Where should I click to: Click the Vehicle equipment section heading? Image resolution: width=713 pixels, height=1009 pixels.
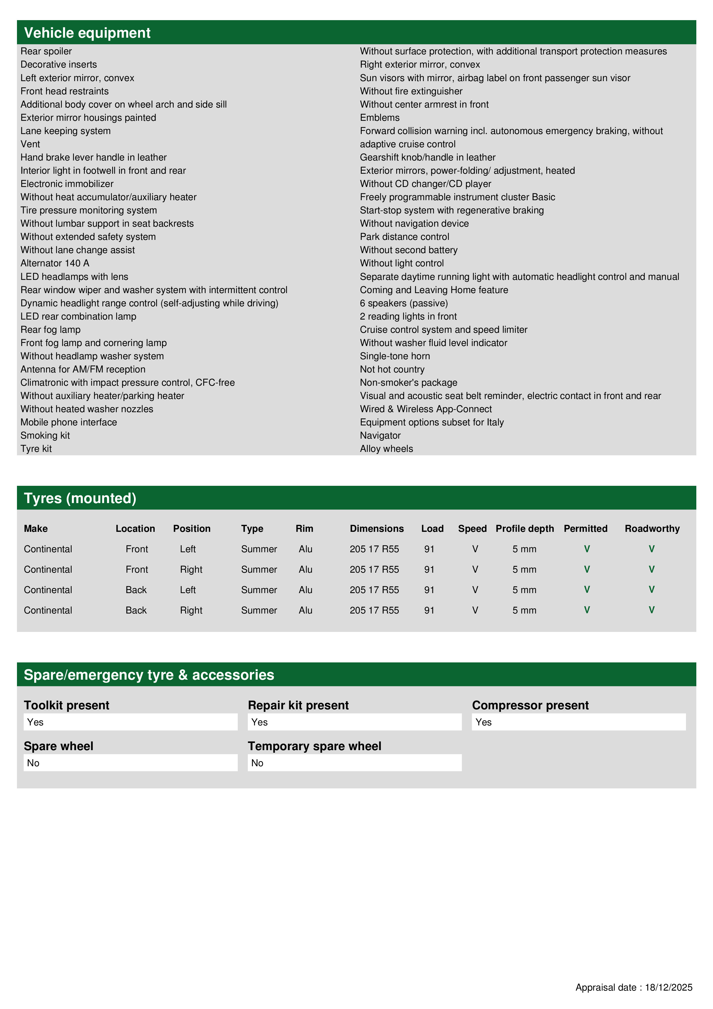pos(87,33)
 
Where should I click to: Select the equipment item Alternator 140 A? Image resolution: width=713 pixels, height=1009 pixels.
pos(55,263)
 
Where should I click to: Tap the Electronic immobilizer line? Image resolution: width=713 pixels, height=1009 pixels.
pos(67,184)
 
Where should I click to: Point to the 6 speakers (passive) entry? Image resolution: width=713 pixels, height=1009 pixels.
pos(404,303)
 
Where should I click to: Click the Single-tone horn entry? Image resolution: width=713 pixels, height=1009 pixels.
pos(395,356)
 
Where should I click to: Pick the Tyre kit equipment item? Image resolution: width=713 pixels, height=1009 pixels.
pos(36,449)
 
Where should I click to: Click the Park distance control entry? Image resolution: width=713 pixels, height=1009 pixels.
pos(405,237)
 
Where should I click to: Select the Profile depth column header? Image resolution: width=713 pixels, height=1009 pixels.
pos(524,529)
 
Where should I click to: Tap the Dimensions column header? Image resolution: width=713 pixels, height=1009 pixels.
pos(377,529)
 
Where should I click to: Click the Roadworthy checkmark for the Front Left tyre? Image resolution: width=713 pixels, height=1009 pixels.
pos(651,549)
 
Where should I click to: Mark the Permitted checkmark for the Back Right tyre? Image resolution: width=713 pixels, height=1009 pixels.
pos(587,610)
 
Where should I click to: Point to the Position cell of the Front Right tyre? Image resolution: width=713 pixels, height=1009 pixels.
pos(191,570)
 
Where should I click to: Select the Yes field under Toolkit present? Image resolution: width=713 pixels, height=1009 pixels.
pos(131,722)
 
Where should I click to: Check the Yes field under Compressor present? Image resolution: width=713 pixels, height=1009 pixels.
pos(578,722)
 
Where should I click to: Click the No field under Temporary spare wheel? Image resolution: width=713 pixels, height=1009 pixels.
pos(354,763)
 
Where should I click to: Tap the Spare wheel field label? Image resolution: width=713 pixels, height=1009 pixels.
pos(58,746)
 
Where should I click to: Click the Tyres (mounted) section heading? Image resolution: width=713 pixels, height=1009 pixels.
pos(80,498)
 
